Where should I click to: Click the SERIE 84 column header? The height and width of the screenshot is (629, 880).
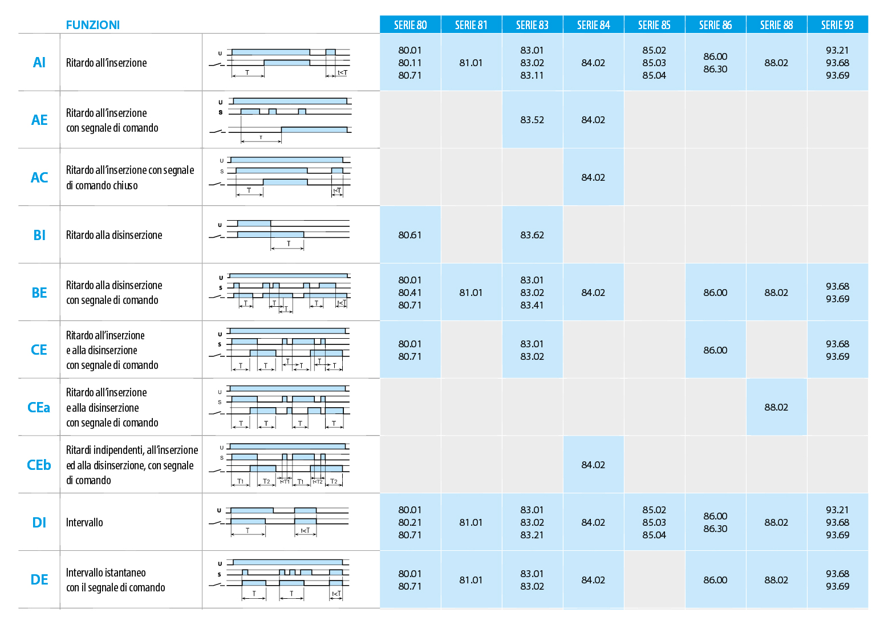coord(593,25)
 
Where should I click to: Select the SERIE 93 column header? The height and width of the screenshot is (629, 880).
coord(837,25)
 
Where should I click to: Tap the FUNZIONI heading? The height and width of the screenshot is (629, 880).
coord(93,25)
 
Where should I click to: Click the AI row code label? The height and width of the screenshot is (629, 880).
coord(39,63)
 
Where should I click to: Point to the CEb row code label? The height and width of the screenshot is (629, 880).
coord(39,465)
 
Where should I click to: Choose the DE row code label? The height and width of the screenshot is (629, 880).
coord(39,580)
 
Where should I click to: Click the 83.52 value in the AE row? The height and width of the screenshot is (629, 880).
coord(532,120)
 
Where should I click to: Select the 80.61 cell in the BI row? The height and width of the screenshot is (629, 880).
coord(410,235)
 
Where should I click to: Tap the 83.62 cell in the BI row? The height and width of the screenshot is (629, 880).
coord(532,235)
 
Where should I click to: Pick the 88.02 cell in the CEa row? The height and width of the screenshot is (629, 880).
coord(776,407)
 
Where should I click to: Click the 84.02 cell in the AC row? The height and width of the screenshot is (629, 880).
coord(593,177)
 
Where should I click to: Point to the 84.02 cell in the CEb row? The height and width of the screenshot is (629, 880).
coord(593,465)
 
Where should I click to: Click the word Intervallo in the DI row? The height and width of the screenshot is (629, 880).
coord(84,522)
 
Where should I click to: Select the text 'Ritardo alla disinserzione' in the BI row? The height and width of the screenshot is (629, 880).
coord(114,235)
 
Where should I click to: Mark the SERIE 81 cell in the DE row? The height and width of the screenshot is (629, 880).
coord(471,580)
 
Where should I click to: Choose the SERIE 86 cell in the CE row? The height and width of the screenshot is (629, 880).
coord(715,350)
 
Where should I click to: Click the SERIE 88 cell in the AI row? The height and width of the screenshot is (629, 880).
coord(776,63)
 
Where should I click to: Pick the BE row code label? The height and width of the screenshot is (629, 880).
coord(39,293)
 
